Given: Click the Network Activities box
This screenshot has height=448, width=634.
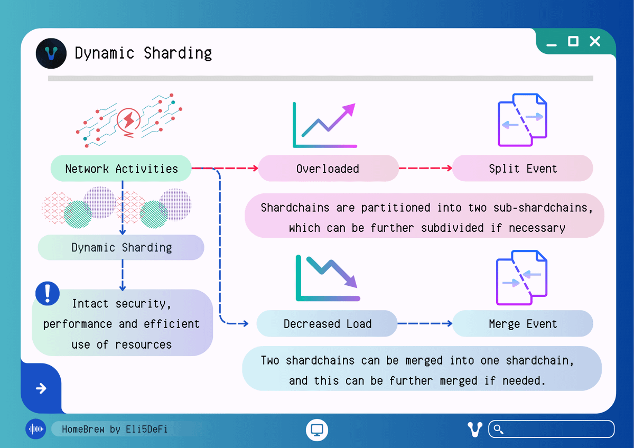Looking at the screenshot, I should [121, 169].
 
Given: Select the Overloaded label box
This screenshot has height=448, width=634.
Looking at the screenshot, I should [328, 169].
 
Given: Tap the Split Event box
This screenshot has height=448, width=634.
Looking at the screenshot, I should [523, 169].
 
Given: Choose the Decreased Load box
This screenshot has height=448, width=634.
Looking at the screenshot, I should [327, 324].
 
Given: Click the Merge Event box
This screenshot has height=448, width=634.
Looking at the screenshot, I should [523, 324].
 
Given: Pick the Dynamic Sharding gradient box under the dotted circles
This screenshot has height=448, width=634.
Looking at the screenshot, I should [121, 247].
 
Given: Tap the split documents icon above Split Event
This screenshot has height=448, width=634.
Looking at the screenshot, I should [522, 120].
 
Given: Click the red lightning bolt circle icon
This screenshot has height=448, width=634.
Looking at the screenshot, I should [128, 120].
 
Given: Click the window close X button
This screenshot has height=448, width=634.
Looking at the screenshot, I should [595, 41].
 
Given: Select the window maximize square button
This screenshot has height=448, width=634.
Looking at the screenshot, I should [573, 41].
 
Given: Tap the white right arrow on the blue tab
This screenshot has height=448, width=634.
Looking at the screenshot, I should [41, 389].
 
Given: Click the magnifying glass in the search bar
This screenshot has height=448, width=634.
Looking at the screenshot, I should [498, 429].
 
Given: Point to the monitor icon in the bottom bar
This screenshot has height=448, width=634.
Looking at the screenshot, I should [317, 430].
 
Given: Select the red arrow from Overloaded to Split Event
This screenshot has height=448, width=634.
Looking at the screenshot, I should [425, 169].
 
